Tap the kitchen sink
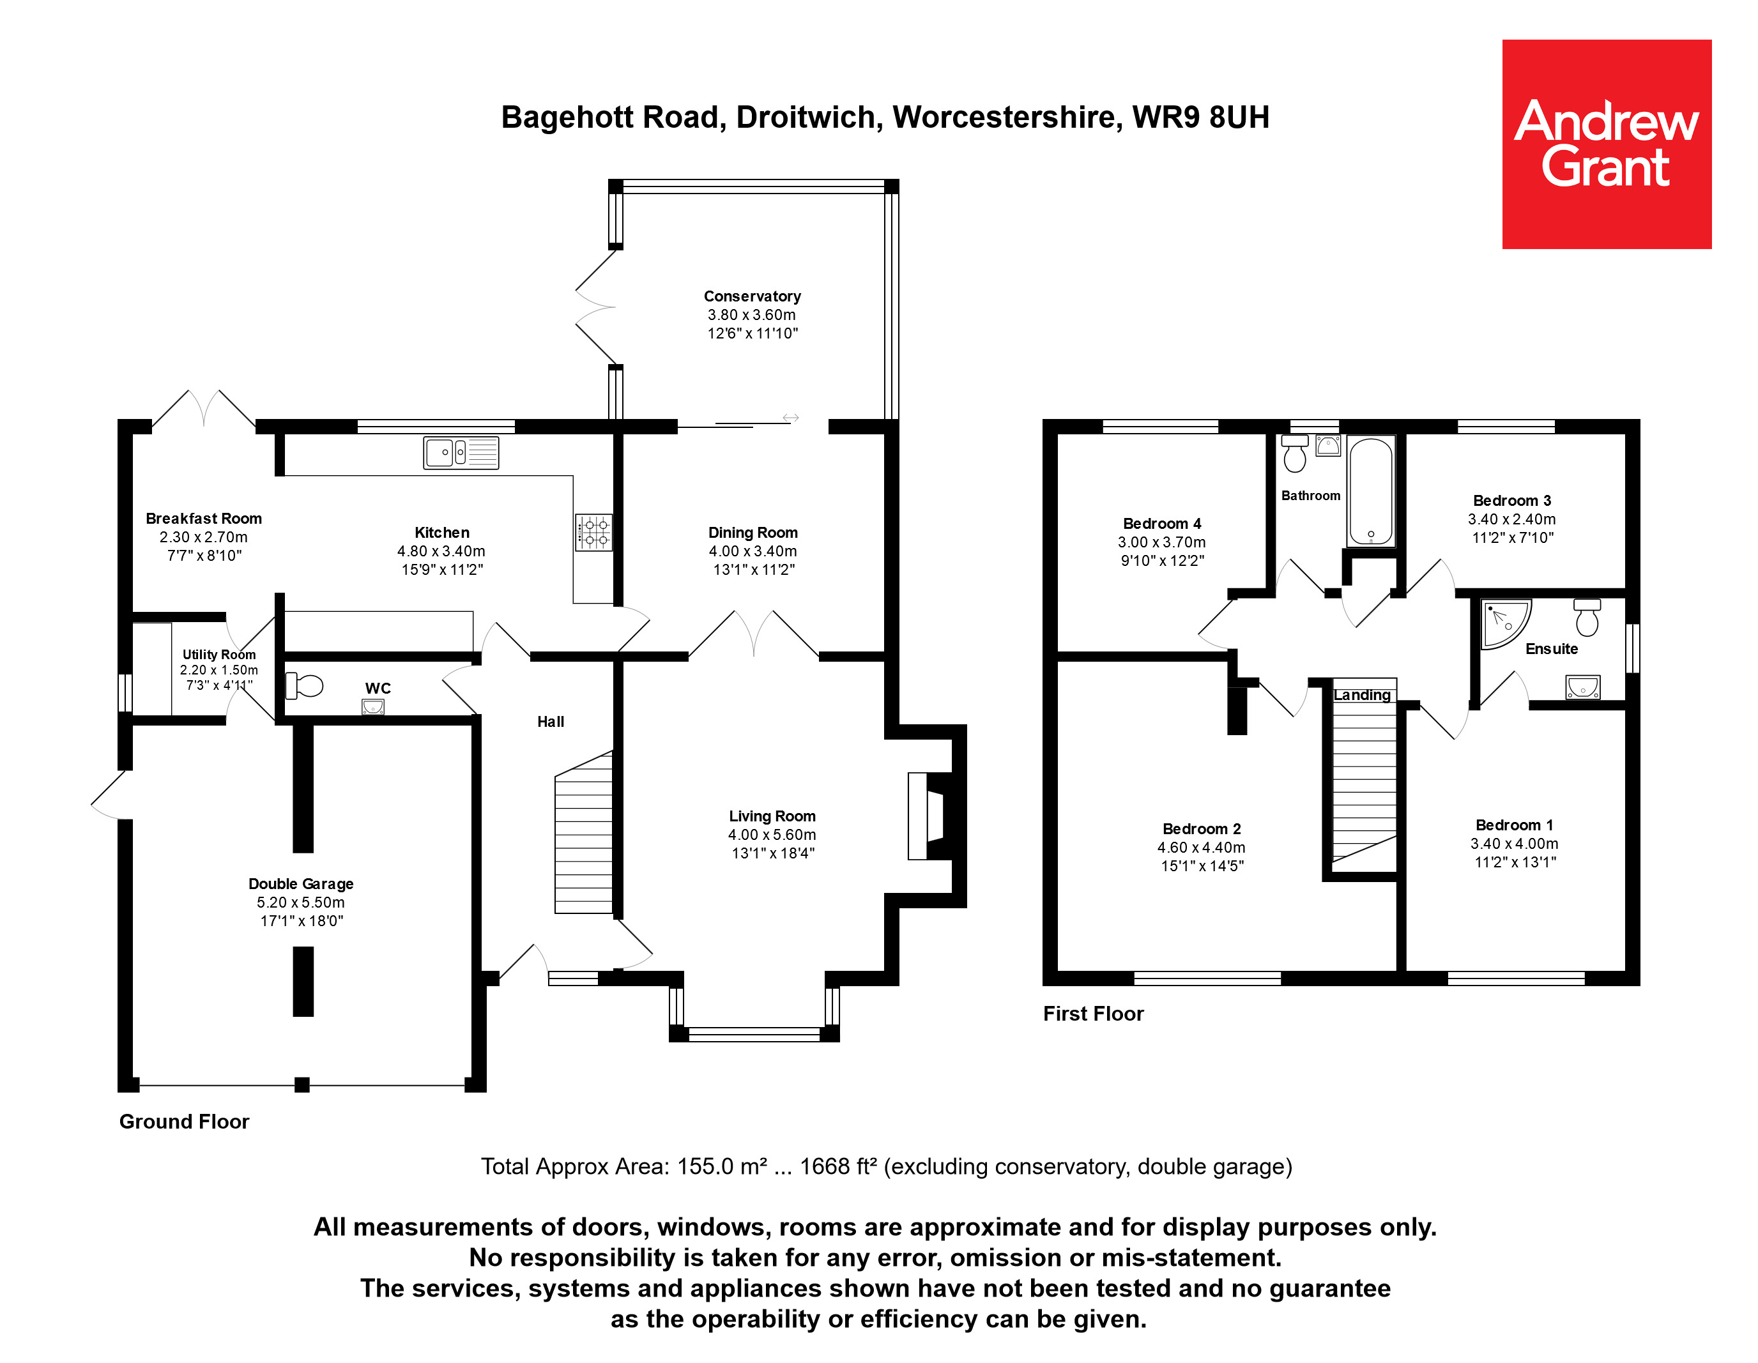pos(461,453)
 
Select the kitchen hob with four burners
pos(593,533)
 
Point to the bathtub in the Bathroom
pos(1371,491)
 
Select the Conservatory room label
pos(752,296)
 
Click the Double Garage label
pos(300,883)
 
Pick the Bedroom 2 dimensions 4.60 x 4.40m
pos(1201,848)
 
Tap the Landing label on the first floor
pos(1362,695)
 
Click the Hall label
pos(551,722)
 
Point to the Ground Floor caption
pos(185,1122)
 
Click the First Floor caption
pos(1093,1014)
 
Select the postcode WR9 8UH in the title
pos(1200,118)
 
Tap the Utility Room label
pos(219,654)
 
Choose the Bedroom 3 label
pos(1511,501)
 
